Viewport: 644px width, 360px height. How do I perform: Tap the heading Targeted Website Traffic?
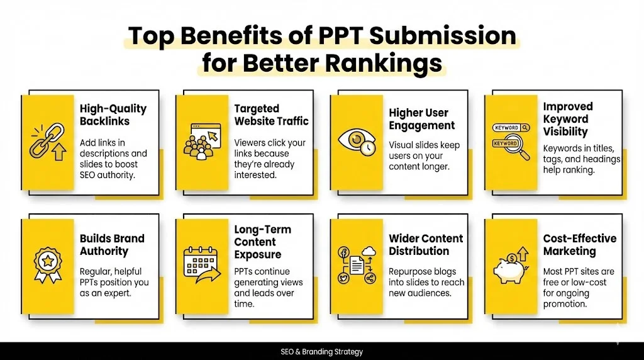271,115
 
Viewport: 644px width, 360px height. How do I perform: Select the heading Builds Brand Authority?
112,245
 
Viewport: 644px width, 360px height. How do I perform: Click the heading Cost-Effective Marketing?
579,245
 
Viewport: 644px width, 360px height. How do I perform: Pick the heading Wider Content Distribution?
426,245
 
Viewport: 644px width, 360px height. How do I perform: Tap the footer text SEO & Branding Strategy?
322,352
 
